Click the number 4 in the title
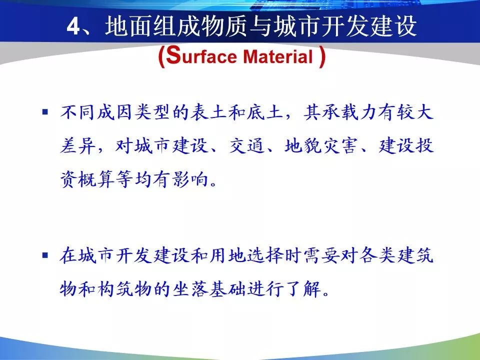pyautogui.click(x=73, y=26)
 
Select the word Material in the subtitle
pyautogui.click(x=278, y=57)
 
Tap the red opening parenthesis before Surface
pyautogui.click(x=161, y=57)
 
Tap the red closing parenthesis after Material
pyautogui.click(x=321, y=57)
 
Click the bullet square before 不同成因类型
pyautogui.click(x=45, y=112)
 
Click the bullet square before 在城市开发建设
pyautogui.click(x=45, y=255)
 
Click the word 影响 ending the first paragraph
pyautogui.click(x=190, y=179)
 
